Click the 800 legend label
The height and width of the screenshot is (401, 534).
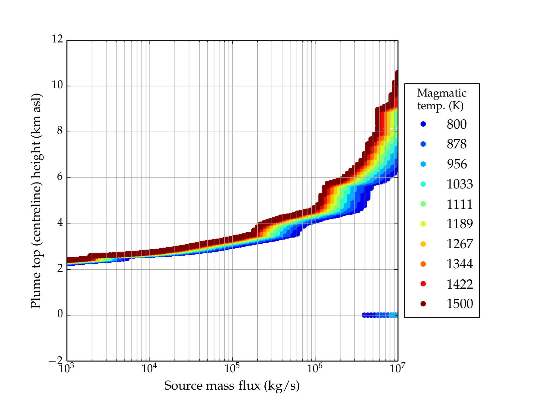(x=457, y=124)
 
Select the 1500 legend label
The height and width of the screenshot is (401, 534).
(x=460, y=304)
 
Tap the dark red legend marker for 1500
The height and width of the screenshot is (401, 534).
(x=423, y=304)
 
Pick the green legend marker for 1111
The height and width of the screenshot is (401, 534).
(x=423, y=204)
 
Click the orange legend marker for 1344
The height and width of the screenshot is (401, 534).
(x=423, y=264)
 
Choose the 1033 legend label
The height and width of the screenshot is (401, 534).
(x=460, y=184)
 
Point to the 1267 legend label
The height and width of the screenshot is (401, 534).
(x=460, y=244)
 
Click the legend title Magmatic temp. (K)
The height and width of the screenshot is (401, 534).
(x=442, y=99)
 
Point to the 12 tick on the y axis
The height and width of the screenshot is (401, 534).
(x=57, y=39)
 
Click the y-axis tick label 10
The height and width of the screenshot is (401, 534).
(x=57, y=85)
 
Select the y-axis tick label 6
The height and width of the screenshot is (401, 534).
(x=60, y=177)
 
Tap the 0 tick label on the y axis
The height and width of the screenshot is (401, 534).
(x=60, y=314)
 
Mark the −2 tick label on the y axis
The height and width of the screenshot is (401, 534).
(x=55, y=361)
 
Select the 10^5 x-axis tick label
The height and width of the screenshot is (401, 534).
(x=232, y=368)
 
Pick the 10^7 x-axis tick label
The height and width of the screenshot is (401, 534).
(x=397, y=368)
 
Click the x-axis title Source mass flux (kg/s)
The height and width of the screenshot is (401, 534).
(x=232, y=386)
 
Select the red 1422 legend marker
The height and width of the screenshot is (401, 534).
(x=423, y=284)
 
